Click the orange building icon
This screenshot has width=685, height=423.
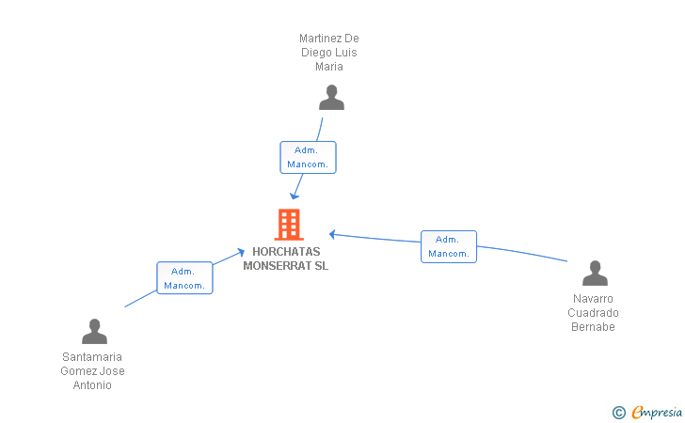pos(289,225)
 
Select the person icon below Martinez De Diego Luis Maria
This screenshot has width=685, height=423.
pos(331,98)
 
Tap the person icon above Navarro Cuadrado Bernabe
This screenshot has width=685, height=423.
pos(595,273)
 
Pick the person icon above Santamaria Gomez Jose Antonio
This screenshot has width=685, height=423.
pos(94,331)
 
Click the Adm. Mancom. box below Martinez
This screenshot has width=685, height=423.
pos(308,157)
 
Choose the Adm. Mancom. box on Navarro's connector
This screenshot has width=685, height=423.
pos(449,246)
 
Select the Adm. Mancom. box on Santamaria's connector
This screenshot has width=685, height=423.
pos(184,278)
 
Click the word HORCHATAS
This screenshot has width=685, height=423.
pos(286,251)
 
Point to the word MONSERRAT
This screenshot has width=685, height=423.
pos(275,265)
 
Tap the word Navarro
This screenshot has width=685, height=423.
pos(593,299)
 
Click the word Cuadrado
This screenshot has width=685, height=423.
pos(593,313)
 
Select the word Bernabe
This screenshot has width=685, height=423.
pos(593,326)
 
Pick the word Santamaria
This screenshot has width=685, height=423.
pos(92,356)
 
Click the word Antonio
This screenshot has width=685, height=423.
pos(92,385)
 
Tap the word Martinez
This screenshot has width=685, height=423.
pos(320,39)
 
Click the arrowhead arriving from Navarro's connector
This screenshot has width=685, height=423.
pos(332,234)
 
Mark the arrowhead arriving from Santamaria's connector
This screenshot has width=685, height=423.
pos(241,252)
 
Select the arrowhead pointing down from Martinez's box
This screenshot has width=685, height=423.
pos(295,196)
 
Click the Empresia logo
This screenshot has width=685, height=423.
pos(647,412)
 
